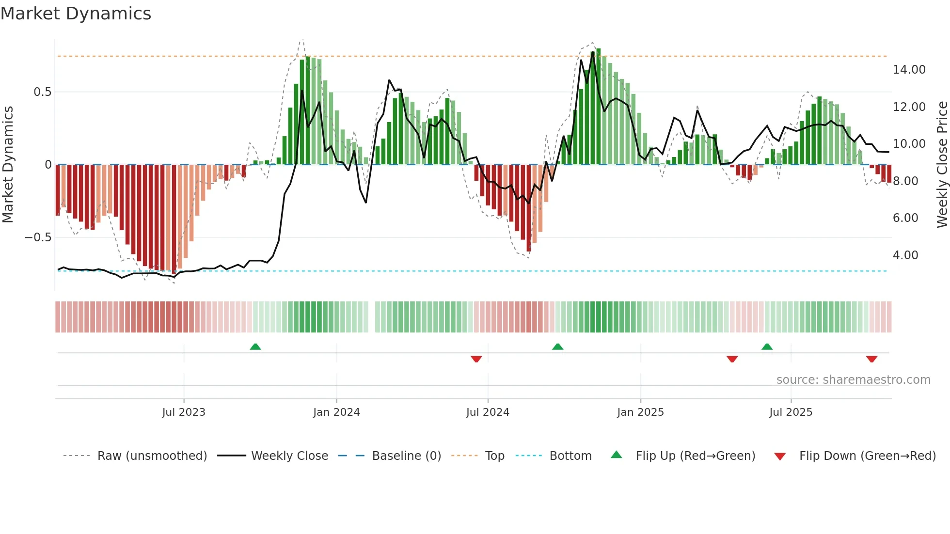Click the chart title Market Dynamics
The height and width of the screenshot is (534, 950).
coord(76,14)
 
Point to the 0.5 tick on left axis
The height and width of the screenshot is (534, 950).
coord(42,92)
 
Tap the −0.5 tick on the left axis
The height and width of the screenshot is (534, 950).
coord(38,237)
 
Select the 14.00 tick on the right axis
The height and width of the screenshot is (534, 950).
coord(909,70)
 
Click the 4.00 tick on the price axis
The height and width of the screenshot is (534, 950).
coord(905,255)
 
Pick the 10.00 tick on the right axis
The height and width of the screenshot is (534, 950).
coord(909,144)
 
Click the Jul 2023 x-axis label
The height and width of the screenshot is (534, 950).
coord(184,412)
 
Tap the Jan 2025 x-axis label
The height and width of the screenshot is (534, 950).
coord(640,412)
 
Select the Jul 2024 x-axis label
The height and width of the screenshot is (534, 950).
coord(488,412)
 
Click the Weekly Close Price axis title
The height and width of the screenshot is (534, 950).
coord(942,165)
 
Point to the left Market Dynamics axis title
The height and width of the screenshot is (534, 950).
coord(8,165)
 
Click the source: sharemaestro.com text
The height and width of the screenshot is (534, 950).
coord(853,380)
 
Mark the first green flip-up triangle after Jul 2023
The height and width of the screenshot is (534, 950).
coord(255,346)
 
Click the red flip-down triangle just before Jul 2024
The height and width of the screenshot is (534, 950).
coord(476,359)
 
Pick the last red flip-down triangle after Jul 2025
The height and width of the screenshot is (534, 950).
coord(871,359)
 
